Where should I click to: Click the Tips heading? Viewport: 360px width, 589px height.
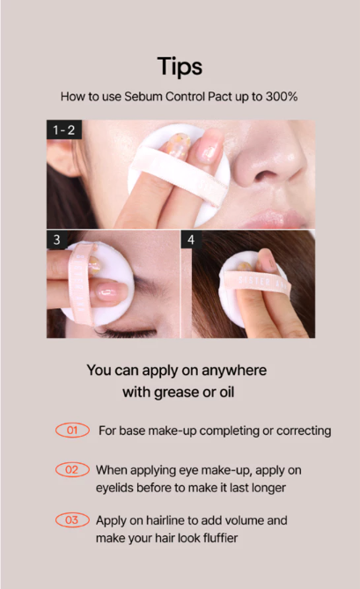tap(180, 67)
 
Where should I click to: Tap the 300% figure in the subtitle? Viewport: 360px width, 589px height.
tap(282, 97)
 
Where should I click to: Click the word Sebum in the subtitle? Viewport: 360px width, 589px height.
tap(143, 97)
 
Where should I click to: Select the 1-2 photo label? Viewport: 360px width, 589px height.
tap(64, 130)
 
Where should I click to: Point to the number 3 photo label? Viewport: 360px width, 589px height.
tap(56, 239)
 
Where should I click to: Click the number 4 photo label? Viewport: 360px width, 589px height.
tap(191, 239)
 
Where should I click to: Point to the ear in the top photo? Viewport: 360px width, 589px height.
tap(62, 158)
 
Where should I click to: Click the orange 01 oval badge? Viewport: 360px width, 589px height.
tap(72, 431)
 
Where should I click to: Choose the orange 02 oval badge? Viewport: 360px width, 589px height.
tap(72, 469)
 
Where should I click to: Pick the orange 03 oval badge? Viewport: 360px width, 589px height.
tap(72, 520)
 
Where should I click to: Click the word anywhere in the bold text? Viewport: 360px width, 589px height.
tap(234, 371)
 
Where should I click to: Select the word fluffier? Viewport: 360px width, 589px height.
tap(220, 538)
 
